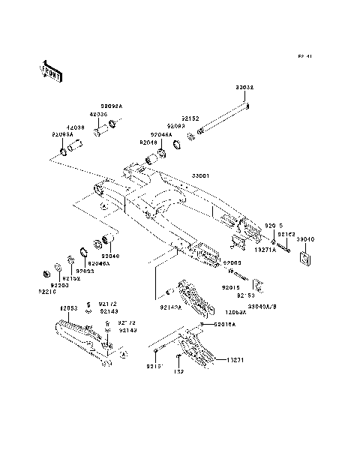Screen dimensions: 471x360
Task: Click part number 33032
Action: (245, 88)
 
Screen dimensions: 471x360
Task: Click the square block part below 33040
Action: (304, 257)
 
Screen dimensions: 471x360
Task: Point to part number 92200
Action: (60, 285)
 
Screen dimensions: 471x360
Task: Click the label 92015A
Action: (223, 325)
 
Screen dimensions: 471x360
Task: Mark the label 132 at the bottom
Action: (179, 372)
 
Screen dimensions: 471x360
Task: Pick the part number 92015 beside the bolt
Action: (230, 286)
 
